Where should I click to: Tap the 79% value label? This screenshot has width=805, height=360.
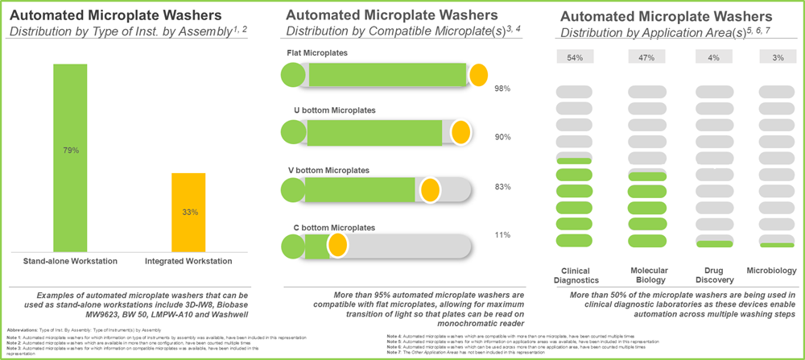pyautogui.click(x=69, y=150)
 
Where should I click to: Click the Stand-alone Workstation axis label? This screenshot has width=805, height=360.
pyautogui.click(x=70, y=261)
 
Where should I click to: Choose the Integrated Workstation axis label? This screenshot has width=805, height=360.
pyautogui.click(x=188, y=261)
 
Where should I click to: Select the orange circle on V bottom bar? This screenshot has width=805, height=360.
pyautogui.click(x=430, y=191)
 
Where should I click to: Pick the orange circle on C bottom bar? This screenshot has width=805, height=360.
pyautogui.click(x=336, y=245)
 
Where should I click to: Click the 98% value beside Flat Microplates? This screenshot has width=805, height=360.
pyautogui.click(x=502, y=89)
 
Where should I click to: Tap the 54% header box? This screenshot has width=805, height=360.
pyautogui.click(x=575, y=57)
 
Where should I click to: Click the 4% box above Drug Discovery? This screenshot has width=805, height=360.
pyautogui.click(x=714, y=57)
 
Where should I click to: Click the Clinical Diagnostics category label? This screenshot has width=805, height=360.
pyautogui.click(x=575, y=275)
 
